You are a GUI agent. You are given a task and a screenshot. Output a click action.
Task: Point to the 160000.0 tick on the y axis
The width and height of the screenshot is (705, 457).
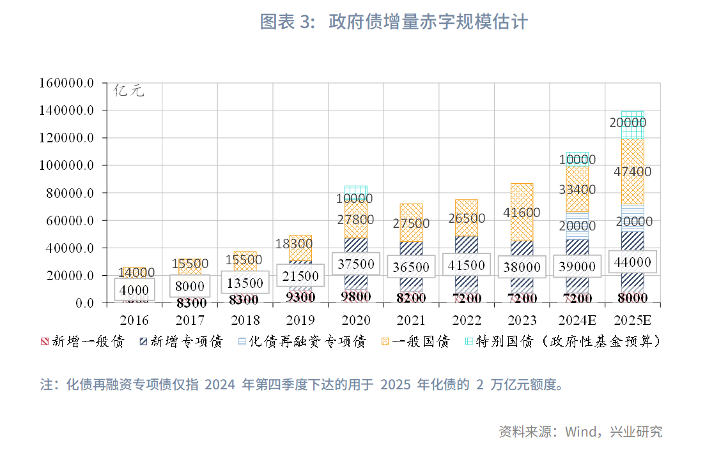66,83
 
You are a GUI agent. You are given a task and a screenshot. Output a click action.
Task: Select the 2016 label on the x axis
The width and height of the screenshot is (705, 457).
134,320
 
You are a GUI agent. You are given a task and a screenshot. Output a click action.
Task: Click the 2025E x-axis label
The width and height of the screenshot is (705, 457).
632,320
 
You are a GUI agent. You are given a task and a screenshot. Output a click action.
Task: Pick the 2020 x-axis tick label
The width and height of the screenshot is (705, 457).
355,320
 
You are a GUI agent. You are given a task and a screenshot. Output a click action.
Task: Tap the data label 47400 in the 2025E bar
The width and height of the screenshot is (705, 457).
632,172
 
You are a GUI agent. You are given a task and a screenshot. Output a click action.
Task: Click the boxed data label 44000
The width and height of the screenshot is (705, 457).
632,262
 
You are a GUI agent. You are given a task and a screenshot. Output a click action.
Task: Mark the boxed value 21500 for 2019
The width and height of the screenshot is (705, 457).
300,276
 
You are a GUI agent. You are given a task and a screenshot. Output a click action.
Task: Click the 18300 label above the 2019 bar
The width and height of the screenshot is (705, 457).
295,244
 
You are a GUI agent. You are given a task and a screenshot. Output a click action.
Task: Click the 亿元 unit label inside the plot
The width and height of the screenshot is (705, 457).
129,91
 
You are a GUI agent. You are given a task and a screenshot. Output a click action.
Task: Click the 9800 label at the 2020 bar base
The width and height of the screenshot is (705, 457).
355,297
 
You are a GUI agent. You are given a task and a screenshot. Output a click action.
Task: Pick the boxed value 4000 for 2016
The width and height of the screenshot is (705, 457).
134,290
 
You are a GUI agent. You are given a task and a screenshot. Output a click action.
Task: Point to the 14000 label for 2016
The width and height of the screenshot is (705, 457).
136,273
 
